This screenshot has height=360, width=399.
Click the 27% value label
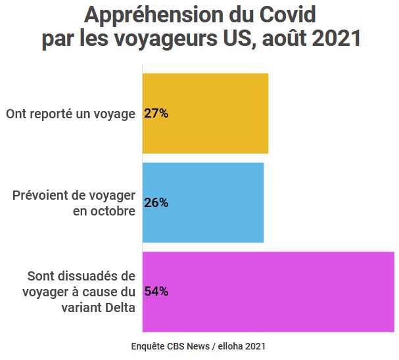[x=156, y=114]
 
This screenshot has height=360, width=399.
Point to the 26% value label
[x=156, y=203]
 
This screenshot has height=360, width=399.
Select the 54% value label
[x=156, y=292]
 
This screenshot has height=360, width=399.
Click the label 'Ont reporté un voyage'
[x=70, y=114]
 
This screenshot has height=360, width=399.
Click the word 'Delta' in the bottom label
[x=118, y=307]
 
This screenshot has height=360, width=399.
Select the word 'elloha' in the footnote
[x=231, y=346]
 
